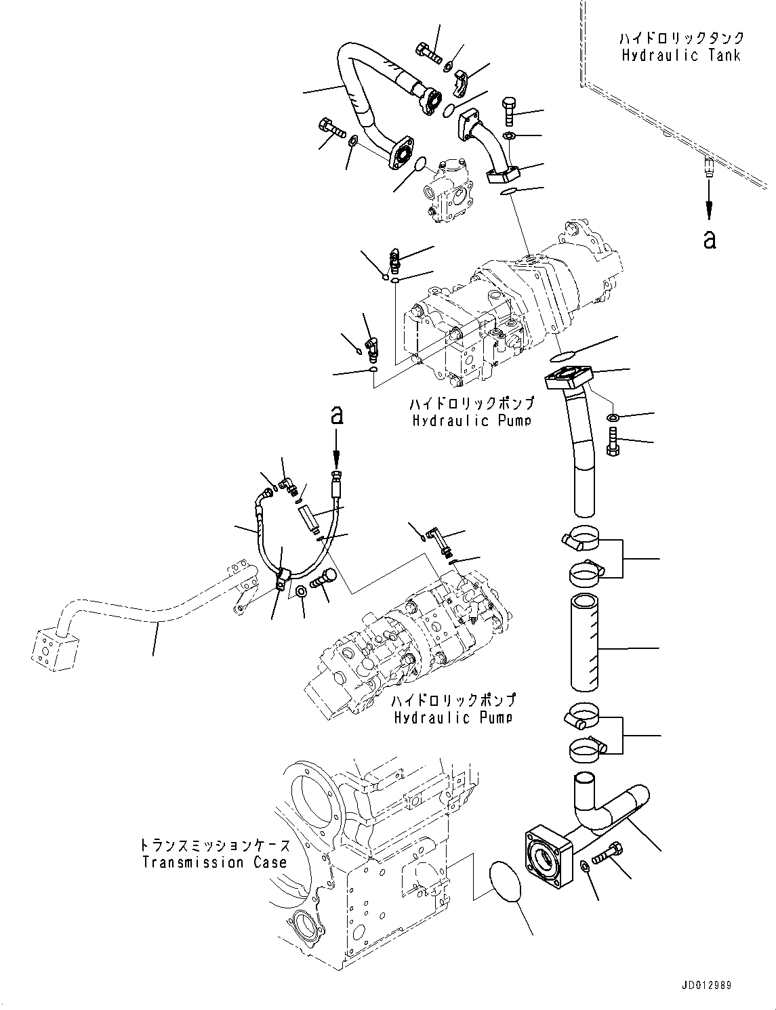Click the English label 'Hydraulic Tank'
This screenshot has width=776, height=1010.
[681, 56]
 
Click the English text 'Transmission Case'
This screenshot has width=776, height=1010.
[214, 862]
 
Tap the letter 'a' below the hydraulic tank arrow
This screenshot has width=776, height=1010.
[709, 239]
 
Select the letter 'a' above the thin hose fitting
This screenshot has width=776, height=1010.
[337, 416]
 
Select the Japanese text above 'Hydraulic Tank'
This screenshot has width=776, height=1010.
[681, 38]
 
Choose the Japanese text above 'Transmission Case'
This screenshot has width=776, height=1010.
[214, 845]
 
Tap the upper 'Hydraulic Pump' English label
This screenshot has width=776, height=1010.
[471, 421]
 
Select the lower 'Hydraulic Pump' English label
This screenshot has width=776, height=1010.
[453, 717]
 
